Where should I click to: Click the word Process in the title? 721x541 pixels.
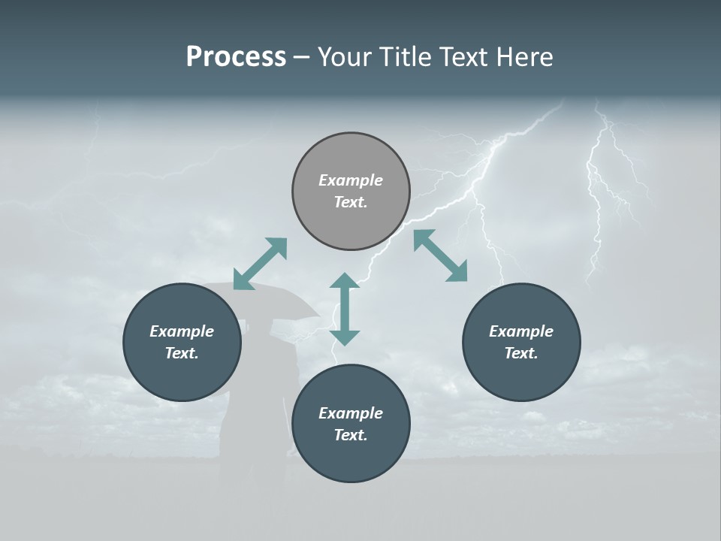tap(236, 57)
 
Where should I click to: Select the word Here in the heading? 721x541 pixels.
tap(523, 57)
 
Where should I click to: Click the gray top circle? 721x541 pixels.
tap(351, 192)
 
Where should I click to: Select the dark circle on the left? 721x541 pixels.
tap(182, 343)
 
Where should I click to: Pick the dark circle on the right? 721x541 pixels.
tap(521, 343)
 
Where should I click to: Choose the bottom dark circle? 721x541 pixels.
tap(351, 424)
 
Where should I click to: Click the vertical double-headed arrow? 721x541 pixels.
tap(345, 309)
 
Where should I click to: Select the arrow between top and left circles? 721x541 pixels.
tap(260, 264)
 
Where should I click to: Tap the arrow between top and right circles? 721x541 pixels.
tap(441, 255)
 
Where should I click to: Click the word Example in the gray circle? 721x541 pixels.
tap(351, 180)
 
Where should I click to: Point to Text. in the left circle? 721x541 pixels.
tap(182, 353)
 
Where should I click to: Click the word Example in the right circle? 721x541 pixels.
tap(521, 331)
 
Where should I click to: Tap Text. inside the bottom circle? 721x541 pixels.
tap(351, 435)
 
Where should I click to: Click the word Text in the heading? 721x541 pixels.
tap(466, 57)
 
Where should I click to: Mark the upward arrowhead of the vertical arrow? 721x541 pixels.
tap(345, 282)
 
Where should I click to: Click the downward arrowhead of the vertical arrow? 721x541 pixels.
tap(345, 337)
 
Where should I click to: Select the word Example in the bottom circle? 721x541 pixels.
tap(351, 413)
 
